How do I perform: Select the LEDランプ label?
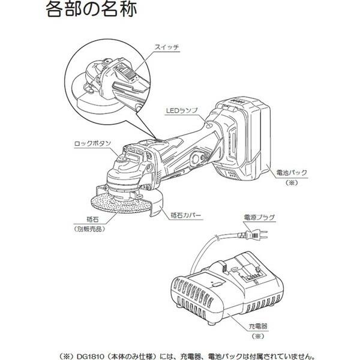coord(181,111)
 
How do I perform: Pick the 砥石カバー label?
coord(189,214)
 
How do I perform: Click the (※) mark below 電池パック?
coord(292,182)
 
